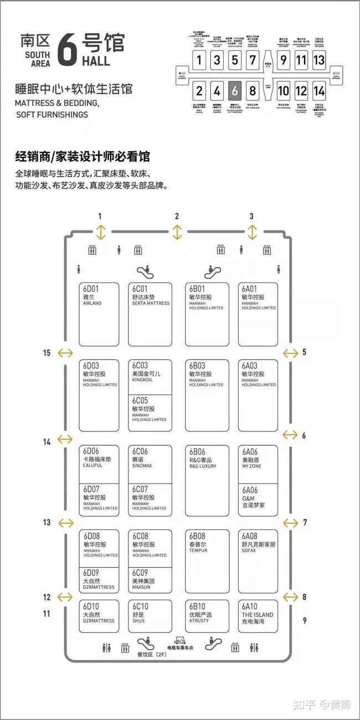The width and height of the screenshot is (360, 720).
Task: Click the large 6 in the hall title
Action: pos(66,50)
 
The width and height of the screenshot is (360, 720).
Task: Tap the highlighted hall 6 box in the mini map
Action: pos(235,90)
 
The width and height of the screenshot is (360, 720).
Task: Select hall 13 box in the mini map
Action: pos(319,60)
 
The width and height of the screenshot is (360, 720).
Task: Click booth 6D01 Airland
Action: pos(99,314)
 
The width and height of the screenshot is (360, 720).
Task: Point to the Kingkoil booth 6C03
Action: pos(150,377)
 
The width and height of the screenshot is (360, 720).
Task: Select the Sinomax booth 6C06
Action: pos(150,463)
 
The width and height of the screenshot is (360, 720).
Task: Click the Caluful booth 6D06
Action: pos(99,463)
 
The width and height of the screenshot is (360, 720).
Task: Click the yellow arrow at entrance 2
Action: pos(177,233)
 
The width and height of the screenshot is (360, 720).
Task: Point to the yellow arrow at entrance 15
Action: pos(65,353)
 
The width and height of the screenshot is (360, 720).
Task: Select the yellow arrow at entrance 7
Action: pos(289,523)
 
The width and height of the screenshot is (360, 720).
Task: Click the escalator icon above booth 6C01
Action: pos(145,272)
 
